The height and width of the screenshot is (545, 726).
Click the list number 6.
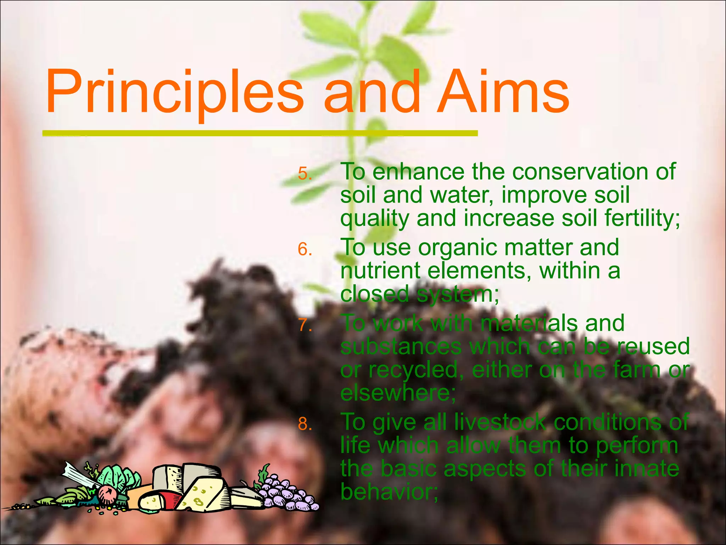(305, 249)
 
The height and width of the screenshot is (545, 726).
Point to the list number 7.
(305, 325)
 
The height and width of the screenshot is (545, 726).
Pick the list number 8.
(305, 424)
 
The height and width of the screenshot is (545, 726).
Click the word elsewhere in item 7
(397, 393)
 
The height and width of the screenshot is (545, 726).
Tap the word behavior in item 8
(389, 492)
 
